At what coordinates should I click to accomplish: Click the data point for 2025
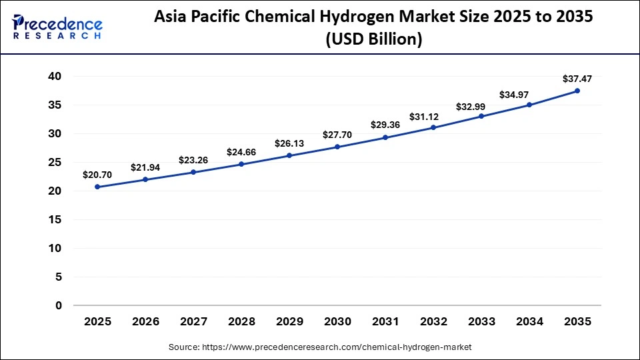click(x=97, y=187)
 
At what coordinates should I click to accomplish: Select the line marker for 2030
click(x=337, y=147)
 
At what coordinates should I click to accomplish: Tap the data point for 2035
click(x=577, y=91)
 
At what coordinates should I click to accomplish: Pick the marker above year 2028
click(x=241, y=164)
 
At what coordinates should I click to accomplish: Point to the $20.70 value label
click(x=97, y=175)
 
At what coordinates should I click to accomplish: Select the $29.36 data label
click(x=385, y=125)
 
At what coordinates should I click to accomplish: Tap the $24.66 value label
click(x=241, y=152)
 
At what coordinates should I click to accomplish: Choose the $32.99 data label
click(x=481, y=107)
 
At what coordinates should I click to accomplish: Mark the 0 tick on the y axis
click(x=59, y=305)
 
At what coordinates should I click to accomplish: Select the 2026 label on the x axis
click(x=145, y=322)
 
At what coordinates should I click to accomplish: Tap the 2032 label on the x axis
click(x=433, y=322)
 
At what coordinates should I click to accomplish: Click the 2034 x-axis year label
click(x=529, y=322)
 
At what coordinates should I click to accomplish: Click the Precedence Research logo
click(x=57, y=27)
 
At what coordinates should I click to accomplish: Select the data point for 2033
click(x=481, y=116)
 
